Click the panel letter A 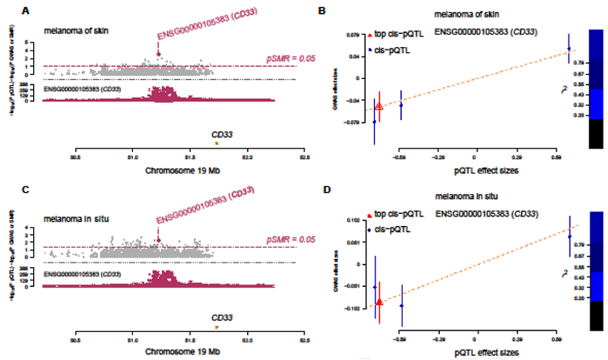pyautogui.click(x=26, y=10)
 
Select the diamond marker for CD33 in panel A pyautogui.click(x=158, y=53)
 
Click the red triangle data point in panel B pyautogui.click(x=378, y=106)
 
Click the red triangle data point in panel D pyautogui.click(x=379, y=301)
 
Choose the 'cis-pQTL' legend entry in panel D pyautogui.click(x=391, y=229)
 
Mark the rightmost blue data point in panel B pyautogui.click(x=568, y=49)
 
